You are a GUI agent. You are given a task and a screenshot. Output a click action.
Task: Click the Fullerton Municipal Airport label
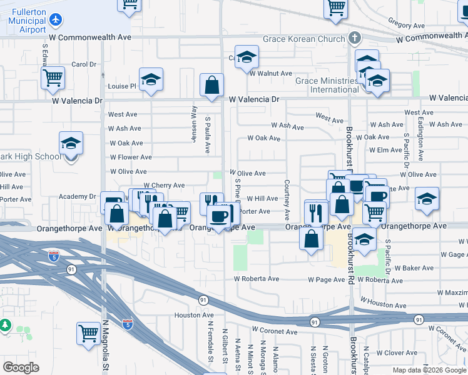27,20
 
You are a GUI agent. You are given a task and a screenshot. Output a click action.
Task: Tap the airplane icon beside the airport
57,20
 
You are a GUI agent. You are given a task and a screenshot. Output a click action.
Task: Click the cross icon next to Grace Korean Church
355,37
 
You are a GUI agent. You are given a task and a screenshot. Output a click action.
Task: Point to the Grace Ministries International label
327,85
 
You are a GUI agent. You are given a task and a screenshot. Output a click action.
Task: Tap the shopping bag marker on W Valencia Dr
212,85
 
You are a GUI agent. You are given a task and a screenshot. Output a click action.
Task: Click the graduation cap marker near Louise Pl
151,79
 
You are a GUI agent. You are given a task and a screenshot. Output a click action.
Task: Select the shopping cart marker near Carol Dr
53,78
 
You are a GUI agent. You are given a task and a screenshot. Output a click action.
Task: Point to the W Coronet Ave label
273,329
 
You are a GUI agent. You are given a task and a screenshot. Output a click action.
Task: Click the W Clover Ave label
396,353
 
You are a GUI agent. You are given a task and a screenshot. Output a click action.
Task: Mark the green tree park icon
5,325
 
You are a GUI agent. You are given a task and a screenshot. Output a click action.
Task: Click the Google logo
21,367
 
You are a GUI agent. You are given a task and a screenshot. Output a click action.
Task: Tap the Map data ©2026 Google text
429,370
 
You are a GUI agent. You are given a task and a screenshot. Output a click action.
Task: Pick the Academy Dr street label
77,196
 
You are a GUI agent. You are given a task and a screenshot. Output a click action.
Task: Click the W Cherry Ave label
164,186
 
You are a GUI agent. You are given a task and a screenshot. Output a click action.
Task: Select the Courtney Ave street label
287,200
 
